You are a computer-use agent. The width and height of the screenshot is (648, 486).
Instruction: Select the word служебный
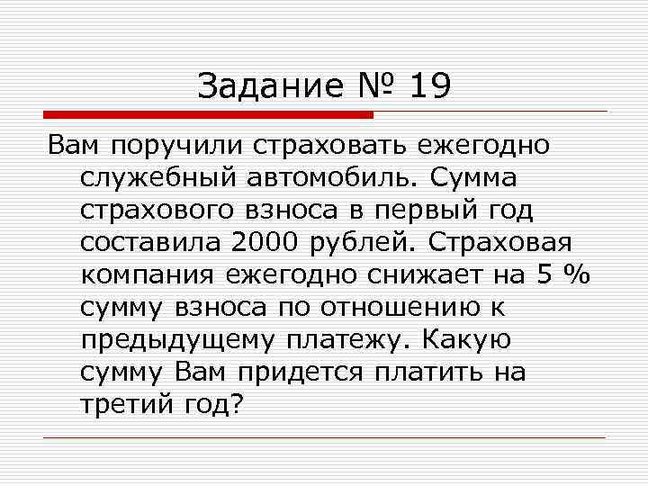pos(158,177)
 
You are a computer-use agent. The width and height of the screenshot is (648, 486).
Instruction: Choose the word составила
pos(149,242)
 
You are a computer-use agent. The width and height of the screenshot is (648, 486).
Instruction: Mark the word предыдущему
pos(178,340)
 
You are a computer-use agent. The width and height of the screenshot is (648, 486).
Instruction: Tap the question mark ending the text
pos(237,405)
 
